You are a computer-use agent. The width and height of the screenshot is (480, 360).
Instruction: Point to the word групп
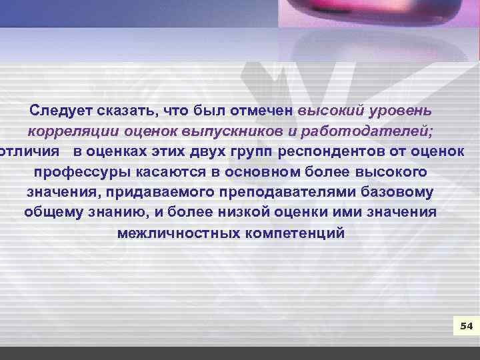coord(252,151)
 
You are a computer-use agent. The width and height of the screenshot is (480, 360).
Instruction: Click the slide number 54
coord(466,326)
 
